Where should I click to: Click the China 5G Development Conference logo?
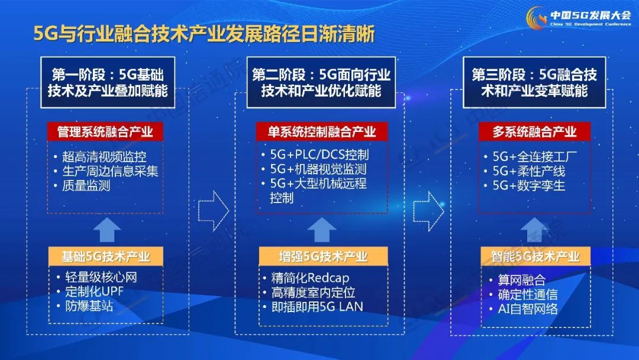tap(579, 18)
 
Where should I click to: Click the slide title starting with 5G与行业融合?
tap(204, 34)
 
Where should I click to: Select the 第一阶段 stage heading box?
tap(108, 82)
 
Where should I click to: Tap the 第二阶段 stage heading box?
tap(321, 82)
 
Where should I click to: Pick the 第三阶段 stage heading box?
tap(534, 82)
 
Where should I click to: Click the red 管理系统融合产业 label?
tap(105, 131)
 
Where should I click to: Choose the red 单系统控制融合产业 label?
tap(322, 131)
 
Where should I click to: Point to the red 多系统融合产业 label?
tap(535, 131)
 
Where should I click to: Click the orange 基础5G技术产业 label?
tap(105, 256)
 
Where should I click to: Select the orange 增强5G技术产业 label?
tap(324, 256)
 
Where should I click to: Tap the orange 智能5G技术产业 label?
tap(535, 256)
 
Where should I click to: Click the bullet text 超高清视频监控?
tap(104, 156)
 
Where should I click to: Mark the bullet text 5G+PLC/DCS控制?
tap(319, 155)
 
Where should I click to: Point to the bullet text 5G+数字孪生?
tap(529, 185)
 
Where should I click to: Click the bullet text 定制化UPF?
tap(94, 291)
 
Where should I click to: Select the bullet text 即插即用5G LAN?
tap(317, 307)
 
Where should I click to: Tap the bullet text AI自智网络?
tap(528, 308)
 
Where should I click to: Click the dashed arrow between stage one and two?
tap(214, 211)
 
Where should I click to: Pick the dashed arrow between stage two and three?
tap(429, 211)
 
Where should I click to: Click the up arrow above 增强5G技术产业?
tap(322, 230)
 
